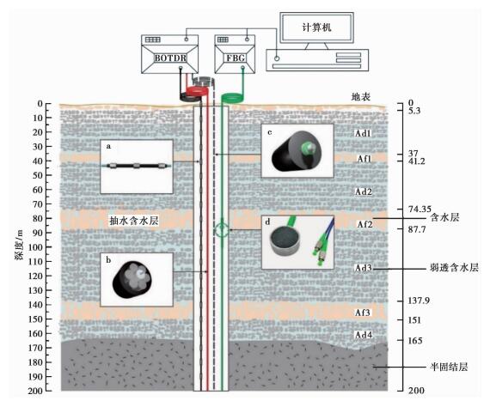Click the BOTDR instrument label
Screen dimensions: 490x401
tap(170, 58)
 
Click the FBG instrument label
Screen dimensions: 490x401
tap(235, 58)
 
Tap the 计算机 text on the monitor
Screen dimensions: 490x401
tap(316, 27)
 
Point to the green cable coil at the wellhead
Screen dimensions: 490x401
tap(233, 97)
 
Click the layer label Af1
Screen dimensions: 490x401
tap(364, 159)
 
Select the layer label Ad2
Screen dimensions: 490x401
tap(364, 191)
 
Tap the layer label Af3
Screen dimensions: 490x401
tap(363, 313)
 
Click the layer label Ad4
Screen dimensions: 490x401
tap(364, 335)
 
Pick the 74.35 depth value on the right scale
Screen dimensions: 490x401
tap(420, 209)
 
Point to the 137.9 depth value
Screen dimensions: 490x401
tap(419, 301)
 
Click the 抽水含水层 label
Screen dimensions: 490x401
tap(134, 221)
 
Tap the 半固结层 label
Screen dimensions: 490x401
tap(449, 367)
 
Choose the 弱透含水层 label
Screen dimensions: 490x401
tap(454, 267)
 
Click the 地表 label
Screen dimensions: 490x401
tap(361, 97)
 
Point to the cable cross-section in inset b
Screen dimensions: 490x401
tap(132, 279)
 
